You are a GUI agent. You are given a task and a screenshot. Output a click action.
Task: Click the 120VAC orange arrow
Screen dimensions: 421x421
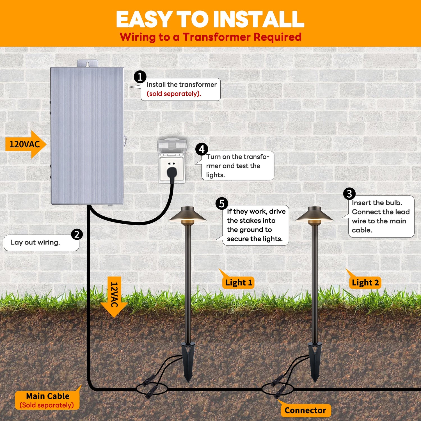[25, 144]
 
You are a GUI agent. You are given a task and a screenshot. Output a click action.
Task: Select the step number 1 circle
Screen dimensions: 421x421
[140, 77]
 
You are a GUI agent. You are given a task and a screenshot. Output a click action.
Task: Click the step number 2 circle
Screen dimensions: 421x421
[77, 234]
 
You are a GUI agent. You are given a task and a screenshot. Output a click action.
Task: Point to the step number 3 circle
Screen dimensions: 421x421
[349, 194]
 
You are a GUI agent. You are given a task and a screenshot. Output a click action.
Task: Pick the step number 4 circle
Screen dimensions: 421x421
[202, 149]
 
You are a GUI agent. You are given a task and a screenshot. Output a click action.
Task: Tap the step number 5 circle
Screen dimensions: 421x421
[222, 203]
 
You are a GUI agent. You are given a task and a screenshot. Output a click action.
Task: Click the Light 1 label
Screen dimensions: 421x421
[239, 283]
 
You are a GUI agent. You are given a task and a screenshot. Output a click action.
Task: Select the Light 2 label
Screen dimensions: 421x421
[365, 283]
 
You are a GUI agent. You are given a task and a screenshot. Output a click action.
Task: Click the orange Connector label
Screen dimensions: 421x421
[305, 410]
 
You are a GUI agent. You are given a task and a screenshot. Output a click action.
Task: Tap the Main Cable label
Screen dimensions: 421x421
[47, 400]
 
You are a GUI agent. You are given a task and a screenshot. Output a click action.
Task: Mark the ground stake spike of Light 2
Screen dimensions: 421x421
[315, 362]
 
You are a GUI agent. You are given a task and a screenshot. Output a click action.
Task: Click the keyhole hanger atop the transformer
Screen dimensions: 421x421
[88, 64]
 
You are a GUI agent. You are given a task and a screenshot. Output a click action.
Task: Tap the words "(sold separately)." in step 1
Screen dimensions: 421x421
[174, 94]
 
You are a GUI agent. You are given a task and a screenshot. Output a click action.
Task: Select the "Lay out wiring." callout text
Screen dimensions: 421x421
[35, 242]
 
